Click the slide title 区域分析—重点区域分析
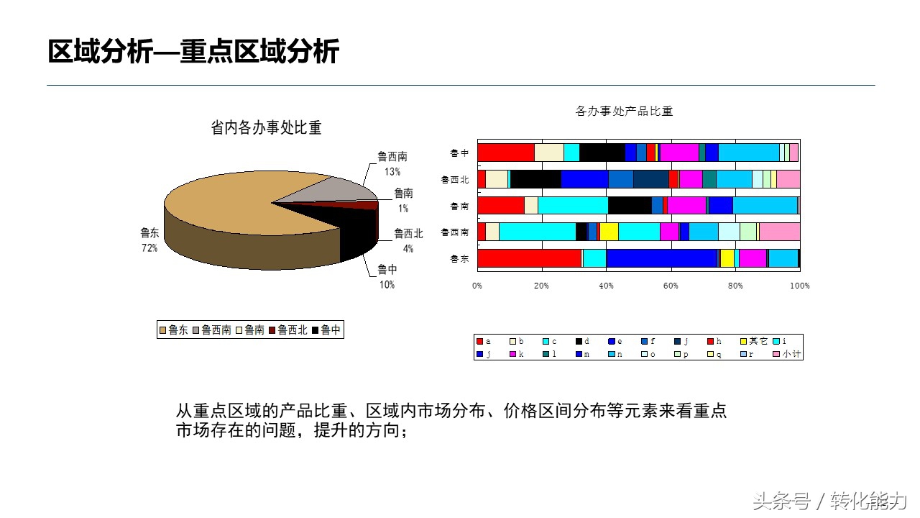point(193,52)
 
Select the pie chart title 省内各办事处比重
point(266,128)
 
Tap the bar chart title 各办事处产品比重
point(624,112)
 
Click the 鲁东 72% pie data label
point(149,240)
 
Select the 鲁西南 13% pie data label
point(392,163)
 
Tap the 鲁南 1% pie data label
point(403,200)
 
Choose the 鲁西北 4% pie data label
point(408,240)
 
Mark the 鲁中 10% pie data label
point(387,277)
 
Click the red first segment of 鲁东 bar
point(529,258)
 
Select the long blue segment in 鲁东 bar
point(661,258)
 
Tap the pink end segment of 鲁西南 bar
point(780,232)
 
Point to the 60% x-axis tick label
point(671,286)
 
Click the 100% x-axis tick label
point(799,286)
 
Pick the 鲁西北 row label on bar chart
point(455,179)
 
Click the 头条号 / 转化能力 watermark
point(830,501)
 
